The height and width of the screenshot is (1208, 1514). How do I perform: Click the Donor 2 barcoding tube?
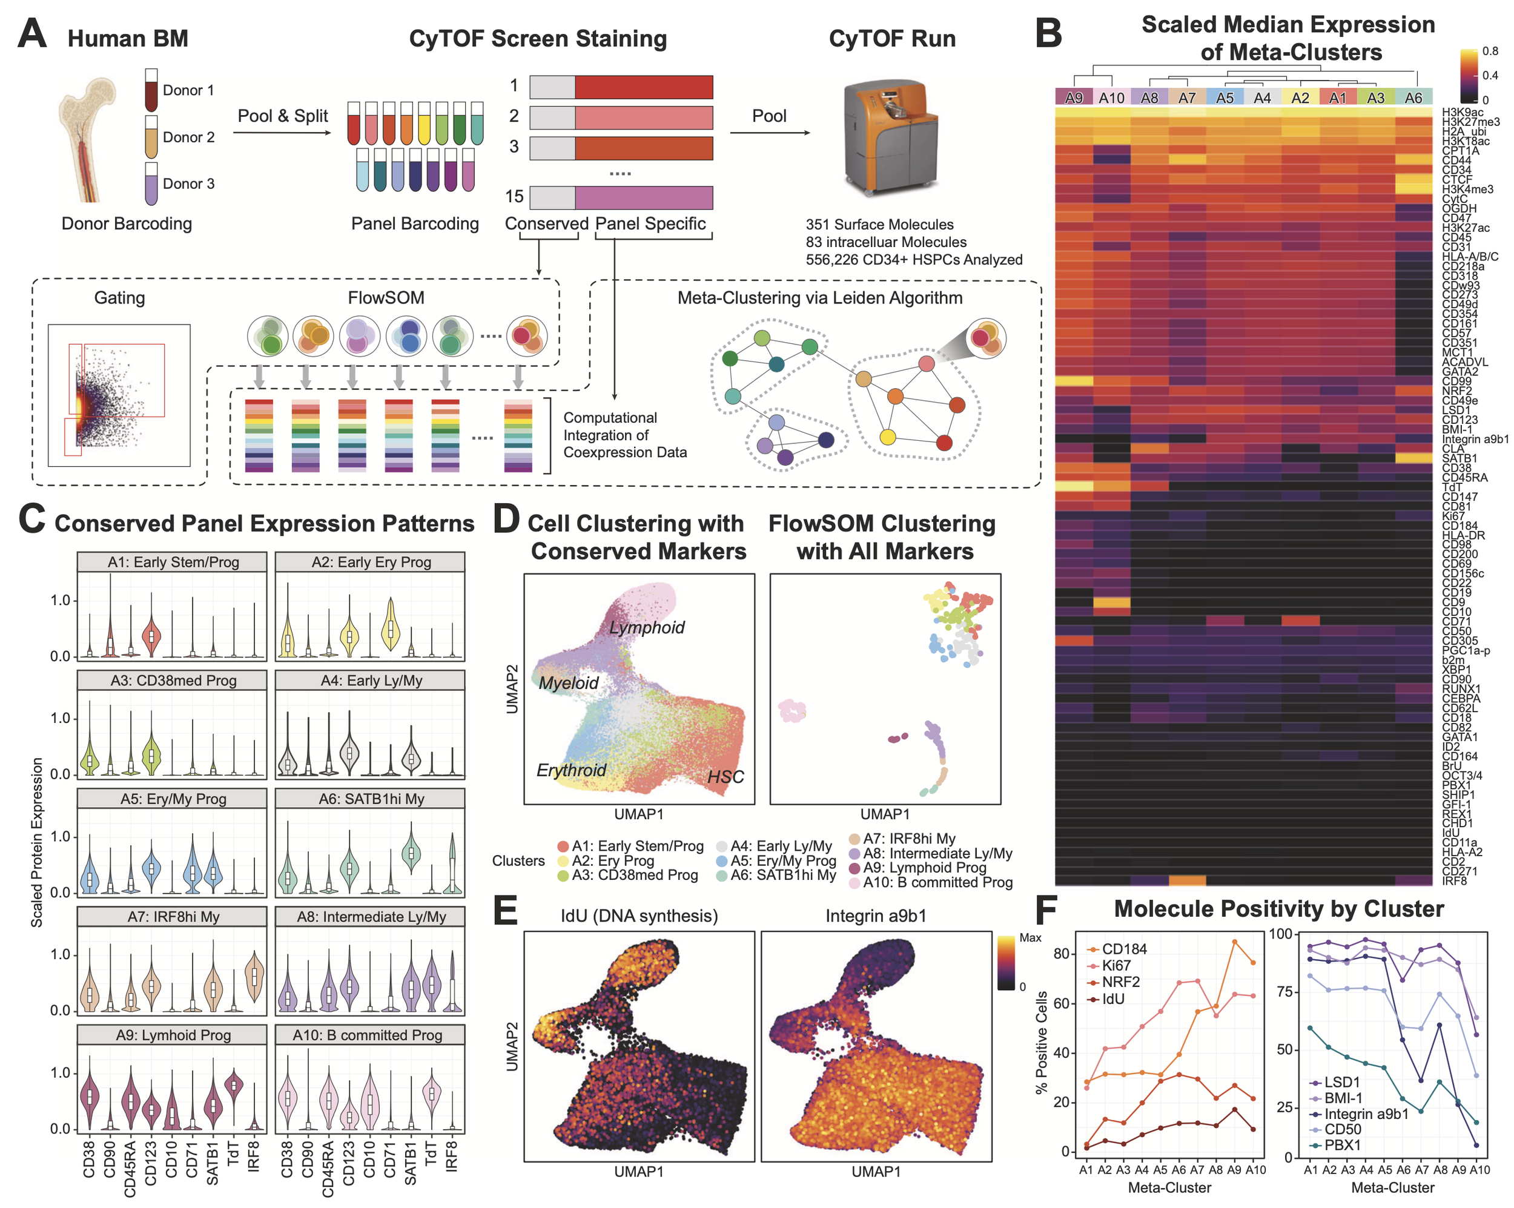[151, 137]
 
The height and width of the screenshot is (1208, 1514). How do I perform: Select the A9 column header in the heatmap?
[1074, 97]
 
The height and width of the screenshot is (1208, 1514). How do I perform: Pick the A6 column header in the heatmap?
[1413, 97]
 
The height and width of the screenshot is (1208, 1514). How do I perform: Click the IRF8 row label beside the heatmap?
[1454, 880]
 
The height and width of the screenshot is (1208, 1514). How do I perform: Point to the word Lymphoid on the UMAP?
[646, 627]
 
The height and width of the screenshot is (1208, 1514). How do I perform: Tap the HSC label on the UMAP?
[726, 777]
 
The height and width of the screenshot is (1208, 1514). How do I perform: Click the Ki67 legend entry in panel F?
[1116, 966]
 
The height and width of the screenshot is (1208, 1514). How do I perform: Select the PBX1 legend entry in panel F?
[1342, 1145]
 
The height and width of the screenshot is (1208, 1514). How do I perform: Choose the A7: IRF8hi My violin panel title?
[173, 917]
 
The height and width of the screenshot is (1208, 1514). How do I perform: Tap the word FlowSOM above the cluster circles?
[386, 298]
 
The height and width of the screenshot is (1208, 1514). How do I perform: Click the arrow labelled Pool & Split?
[282, 132]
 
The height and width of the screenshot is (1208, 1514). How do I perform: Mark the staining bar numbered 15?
[621, 197]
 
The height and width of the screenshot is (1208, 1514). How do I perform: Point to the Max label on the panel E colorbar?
[1030, 937]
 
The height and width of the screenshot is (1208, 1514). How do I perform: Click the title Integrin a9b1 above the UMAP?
[876, 916]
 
